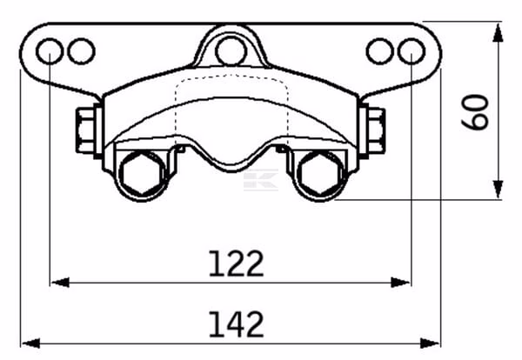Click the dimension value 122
point(236,263)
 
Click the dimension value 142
point(236,324)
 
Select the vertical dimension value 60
point(475,111)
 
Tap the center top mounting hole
point(231,51)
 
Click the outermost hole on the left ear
point(50,51)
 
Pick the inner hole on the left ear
point(81,51)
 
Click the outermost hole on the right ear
point(412,51)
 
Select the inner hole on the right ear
point(380,51)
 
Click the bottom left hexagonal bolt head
point(143,173)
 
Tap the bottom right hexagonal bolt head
point(320,173)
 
